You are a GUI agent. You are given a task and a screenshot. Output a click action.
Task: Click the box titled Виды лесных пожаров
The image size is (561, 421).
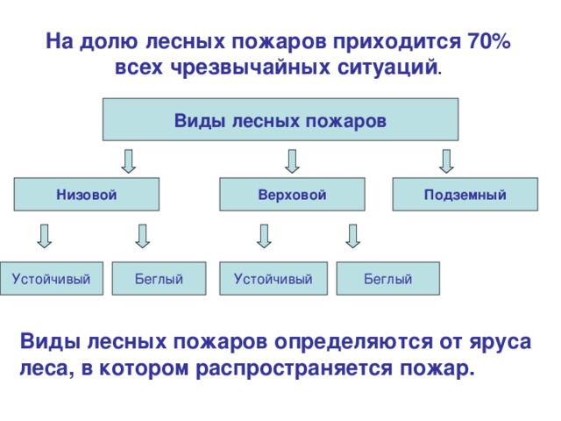tap(280, 119)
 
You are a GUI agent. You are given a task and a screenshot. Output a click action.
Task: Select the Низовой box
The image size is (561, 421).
tap(87, 194)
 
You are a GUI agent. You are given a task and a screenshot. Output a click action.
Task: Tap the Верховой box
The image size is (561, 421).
tap(292, 194)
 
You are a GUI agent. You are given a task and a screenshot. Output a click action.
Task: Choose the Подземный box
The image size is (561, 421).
tap(464, 194)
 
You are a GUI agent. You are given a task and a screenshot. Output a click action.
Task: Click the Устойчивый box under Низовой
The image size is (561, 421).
tap(52, 278)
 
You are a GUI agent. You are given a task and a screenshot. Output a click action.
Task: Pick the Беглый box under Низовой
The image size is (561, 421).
tap(159, 278)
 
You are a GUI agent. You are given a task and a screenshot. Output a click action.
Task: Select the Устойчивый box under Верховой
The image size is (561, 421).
tap(273, 278)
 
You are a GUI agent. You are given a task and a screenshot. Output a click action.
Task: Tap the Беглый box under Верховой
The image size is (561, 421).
tap(387, 278)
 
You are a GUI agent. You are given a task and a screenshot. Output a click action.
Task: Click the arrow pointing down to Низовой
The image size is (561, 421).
tap(128, 161)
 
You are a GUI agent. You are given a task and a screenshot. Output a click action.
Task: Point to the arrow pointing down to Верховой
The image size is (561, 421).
tap(293, 161)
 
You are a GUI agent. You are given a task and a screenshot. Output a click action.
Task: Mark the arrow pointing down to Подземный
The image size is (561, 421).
tap(446, 161)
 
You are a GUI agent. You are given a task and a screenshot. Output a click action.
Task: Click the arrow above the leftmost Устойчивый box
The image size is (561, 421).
tap(45, 235)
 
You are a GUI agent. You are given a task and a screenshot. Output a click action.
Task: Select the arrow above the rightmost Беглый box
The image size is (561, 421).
tap(353, 235)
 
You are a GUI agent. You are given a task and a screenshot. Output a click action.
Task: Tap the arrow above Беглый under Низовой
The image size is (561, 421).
tap(143, 235)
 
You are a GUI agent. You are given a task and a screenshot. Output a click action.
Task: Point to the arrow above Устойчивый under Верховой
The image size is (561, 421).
tap(264, 235)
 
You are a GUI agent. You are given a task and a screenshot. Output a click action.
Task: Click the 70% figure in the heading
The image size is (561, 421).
tap(491, 42)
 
